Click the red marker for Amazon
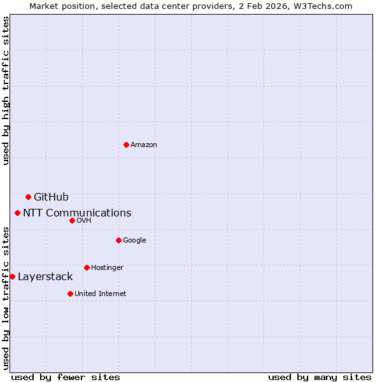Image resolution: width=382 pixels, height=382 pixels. pos(126,145)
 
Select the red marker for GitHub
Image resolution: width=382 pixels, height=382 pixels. pos(28,197)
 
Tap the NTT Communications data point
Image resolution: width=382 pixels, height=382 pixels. pos(17,213)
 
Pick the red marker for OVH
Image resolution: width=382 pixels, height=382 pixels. pos(72,220)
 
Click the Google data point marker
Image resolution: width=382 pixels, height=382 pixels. pos(118,240)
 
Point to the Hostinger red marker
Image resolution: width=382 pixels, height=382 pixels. pos(87,267)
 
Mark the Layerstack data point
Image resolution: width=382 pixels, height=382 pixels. pos(12,276)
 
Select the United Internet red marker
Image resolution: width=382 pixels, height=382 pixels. pos(70,294)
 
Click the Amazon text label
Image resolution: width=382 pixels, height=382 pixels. pos(144,145)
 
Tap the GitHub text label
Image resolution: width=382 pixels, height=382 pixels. pos(51,197)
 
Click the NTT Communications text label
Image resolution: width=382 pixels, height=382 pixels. pos(77,213)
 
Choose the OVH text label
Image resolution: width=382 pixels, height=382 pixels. pos(84,221)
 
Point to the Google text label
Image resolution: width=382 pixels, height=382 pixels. pos(134,241)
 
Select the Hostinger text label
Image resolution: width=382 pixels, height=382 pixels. pos(107,268)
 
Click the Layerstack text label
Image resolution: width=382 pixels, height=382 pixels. pos(45,277)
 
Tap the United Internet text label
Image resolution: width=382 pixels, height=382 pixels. pos(100,294)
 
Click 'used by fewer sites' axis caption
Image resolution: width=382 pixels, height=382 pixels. pos(66,377)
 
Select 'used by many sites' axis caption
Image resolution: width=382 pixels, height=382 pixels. pos(320,377)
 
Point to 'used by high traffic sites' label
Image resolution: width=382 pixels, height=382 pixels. pos(6,90)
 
